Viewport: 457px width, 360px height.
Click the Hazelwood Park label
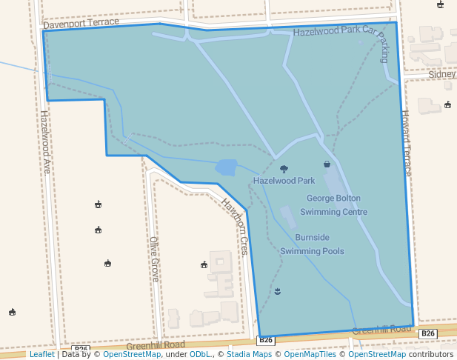click(x=284, y=180)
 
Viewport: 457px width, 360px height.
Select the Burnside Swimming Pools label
click(x=312, y=244)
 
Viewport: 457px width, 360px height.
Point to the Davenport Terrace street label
click(x=81, y=23)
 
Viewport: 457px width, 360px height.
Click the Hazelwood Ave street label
click(x=44, y=141)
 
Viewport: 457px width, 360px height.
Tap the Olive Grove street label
click(x=154, y=259)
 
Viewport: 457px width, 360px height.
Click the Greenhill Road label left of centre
click(x=156, y=345)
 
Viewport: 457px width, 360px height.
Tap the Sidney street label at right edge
click(x=442, y=74)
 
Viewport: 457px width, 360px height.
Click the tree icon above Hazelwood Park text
click(x=284, y=169)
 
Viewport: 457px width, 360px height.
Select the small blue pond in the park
click(x=226, y=167)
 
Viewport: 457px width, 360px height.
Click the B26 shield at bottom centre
click(x=266, y=340)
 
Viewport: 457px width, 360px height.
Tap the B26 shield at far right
click(x=428, y=334)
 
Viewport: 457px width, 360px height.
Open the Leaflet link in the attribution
click(x=41, y=354)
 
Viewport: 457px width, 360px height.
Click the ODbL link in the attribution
click(x=200, y=354)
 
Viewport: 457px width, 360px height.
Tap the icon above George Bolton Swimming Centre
click(x=327, y=164)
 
